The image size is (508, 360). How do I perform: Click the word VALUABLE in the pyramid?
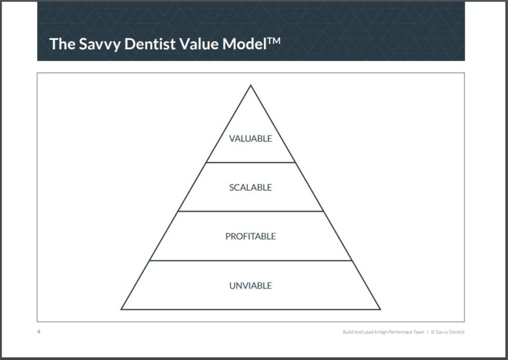click(250, 139)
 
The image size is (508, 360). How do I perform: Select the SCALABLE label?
click(250, 188)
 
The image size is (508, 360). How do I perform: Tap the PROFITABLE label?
click(250, 236)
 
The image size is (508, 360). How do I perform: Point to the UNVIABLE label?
click(250, 285)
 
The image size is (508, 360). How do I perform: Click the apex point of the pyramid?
click(251, 85)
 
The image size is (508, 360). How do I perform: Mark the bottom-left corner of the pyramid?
click(122, 309)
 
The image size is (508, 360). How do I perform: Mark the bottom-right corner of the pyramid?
click(380, 309)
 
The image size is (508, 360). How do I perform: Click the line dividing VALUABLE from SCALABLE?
click(250, 163)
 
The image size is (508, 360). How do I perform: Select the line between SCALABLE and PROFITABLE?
click(250, 211)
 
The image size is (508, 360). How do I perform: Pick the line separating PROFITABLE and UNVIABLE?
click(250, 261)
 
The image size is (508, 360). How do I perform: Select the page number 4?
click(38, 332)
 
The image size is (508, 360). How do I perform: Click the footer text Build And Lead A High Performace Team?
click(383, 332)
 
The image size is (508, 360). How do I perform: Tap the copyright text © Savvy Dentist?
click(447, 332)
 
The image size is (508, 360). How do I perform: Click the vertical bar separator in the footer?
click(427, 332)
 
